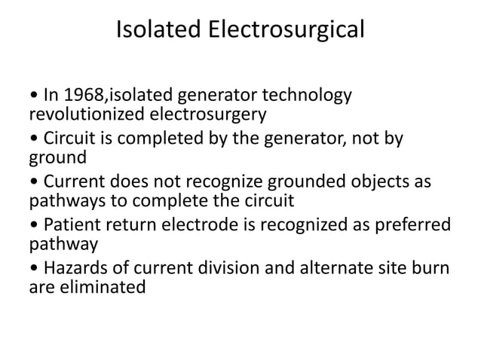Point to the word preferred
point(414,226)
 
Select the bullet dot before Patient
point(33,227)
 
